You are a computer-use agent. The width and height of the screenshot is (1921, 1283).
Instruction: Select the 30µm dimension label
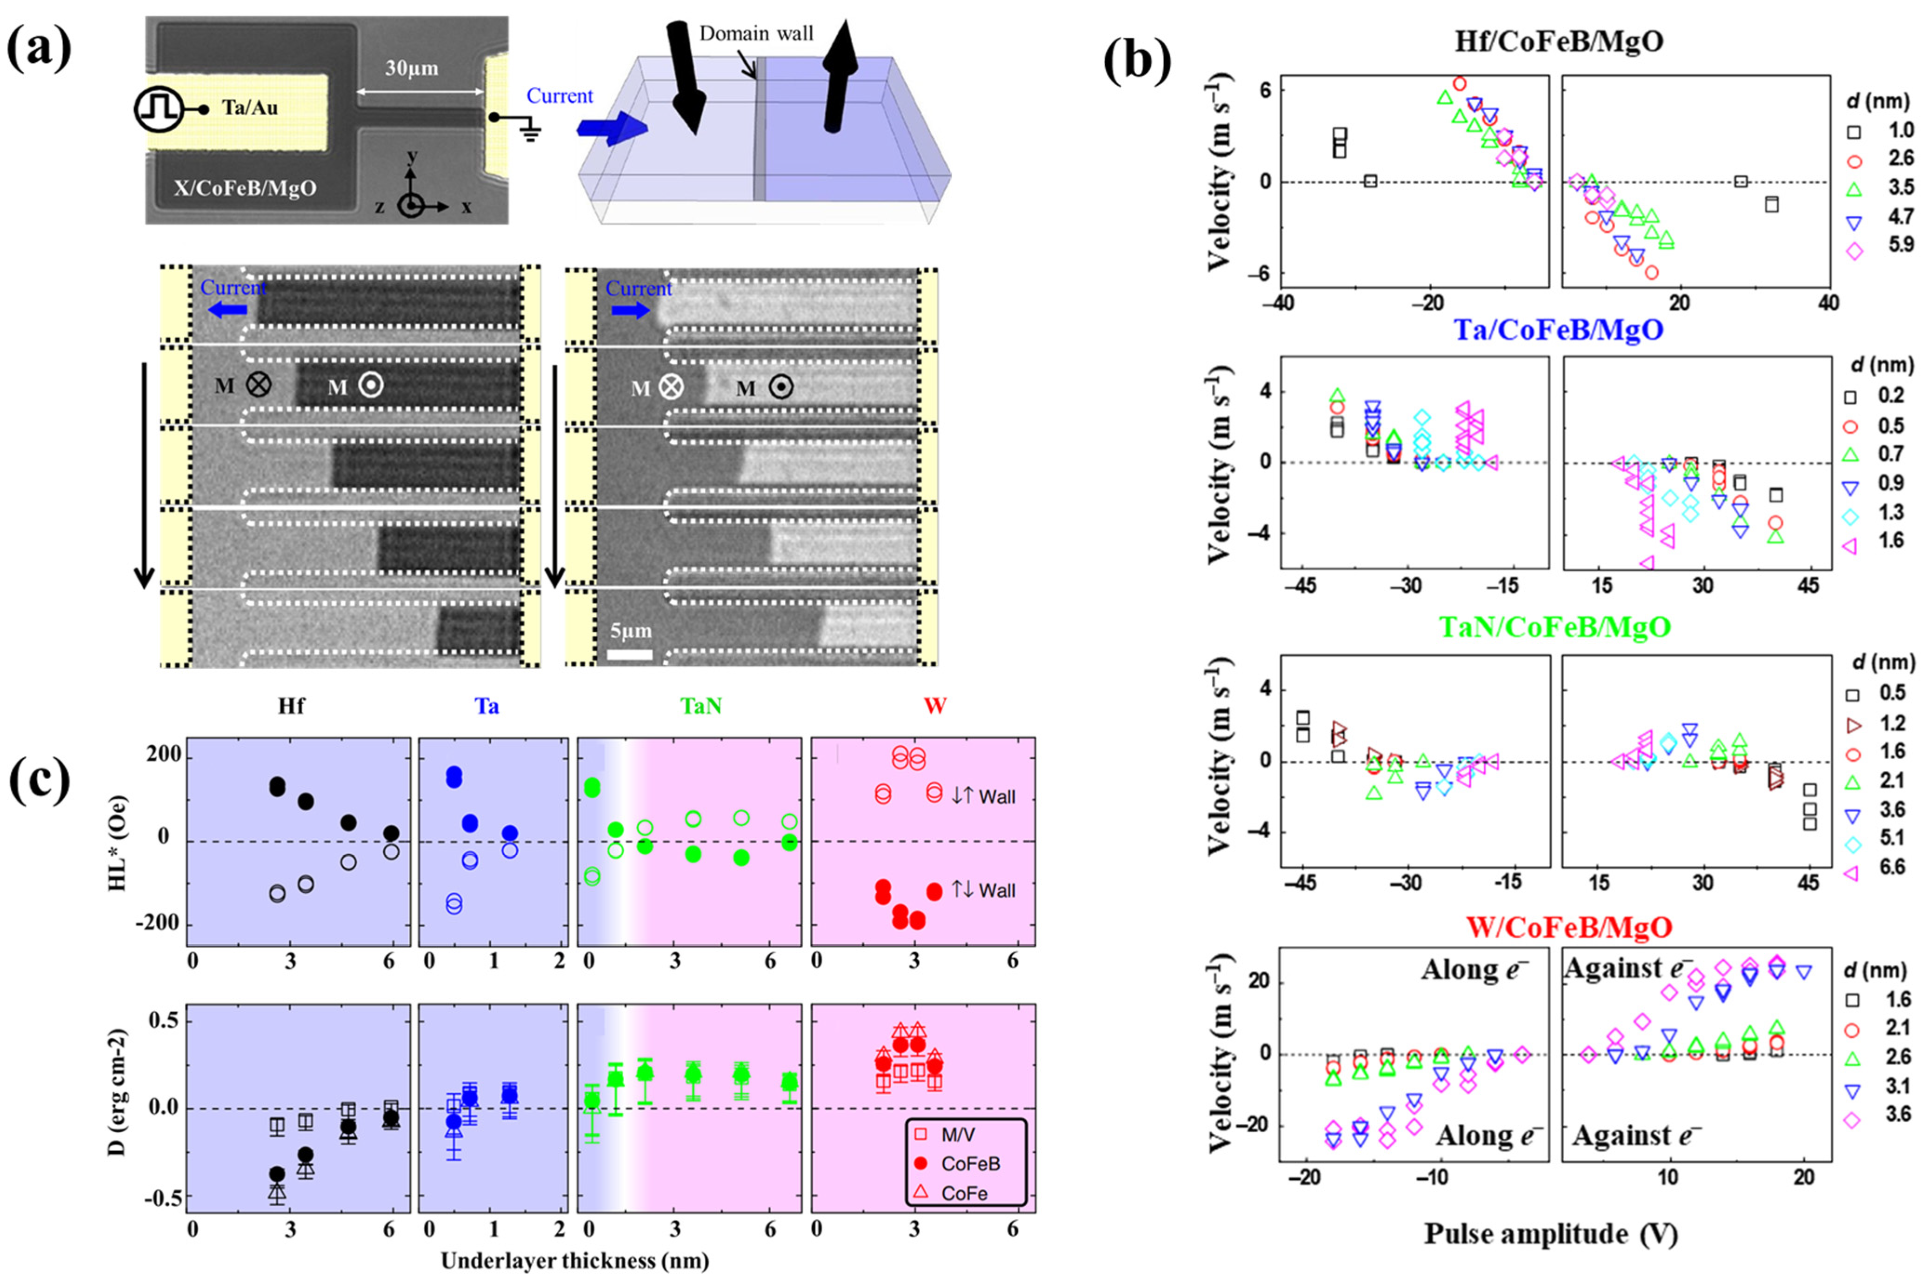(412, 68)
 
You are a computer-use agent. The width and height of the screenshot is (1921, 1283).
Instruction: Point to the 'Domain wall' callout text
(756, 33)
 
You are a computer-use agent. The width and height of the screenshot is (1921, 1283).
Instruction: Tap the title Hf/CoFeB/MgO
(1559, 41)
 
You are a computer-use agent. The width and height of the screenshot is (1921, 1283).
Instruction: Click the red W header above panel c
(934, 706)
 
